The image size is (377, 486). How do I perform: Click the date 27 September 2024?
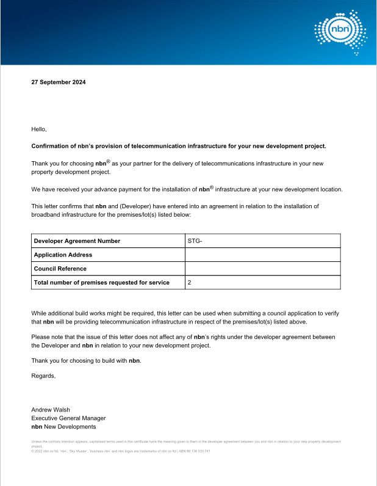click(x=59, y=82)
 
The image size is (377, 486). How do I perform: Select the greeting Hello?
click(x=38, y=129)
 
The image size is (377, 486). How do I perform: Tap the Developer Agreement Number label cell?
click(x=77, y=241)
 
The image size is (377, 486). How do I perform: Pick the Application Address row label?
click(x=63, y=255)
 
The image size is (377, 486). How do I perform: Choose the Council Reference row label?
click(x=60, y=269)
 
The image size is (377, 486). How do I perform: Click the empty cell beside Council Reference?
click(x=262, y=269)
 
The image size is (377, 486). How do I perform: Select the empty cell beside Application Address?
click(x=262, y=255)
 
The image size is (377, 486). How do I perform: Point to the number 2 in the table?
click(x=190, y=283)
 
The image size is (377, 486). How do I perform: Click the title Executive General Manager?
click(x=68, y=418)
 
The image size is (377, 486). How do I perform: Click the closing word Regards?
click(x=43, y=375)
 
